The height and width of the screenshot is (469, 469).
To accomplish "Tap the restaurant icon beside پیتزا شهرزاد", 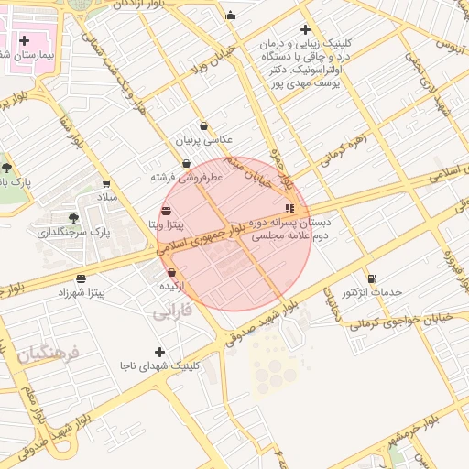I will [x=82, y=278].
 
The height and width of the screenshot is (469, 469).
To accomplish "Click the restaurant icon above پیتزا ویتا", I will [x=165, y=211].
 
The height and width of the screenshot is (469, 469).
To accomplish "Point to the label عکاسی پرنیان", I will [x=205, y=140].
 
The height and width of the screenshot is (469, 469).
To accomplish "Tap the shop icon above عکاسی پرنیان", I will [x=203, y=126].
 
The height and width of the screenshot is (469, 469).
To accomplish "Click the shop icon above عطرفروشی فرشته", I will [x=187, y=164].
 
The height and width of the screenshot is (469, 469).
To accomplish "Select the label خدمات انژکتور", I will [x=372, y=291].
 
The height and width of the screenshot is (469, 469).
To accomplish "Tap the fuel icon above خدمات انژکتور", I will [x=371, y=278].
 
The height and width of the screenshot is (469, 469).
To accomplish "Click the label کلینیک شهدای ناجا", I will [x=158, y=365].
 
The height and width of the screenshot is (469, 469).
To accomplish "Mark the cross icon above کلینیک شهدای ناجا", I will [x=160, y=352].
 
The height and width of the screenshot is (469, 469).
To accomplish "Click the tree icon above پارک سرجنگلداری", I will [x=73, y=218].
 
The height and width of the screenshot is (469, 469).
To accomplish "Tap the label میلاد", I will [x=107, y=197].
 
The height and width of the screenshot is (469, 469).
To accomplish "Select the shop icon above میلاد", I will [x=106, y=183].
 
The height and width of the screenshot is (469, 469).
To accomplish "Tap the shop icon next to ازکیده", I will [x=172, y=272].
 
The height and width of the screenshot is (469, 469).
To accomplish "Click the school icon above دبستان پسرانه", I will [x=290, y=208].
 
